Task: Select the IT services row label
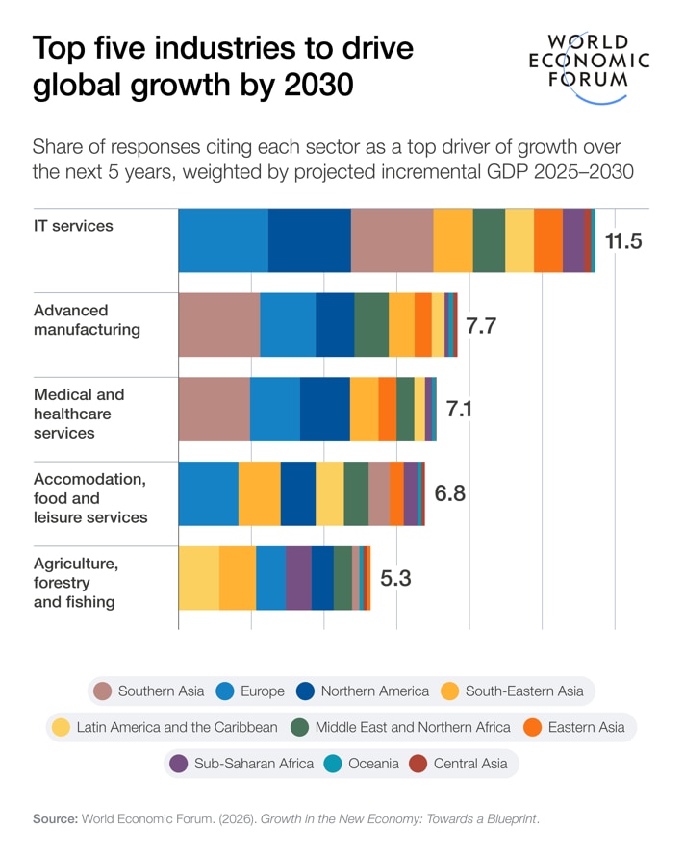click(73, 226)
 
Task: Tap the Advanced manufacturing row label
click(87, 320)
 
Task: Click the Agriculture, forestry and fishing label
click(76, 583)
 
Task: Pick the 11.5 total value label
click(622, 240)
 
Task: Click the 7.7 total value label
click(481, 325)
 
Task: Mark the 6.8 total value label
click(449, 494)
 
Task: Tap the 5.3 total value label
click(395, 579)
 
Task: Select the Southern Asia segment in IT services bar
click(392, 240)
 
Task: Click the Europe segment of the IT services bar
click(222, 240)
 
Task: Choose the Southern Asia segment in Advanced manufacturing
click(218, 325)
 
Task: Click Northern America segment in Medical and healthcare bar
click(324, 410)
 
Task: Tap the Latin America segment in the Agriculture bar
click(198, 579)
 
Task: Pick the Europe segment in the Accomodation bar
click(208, 494)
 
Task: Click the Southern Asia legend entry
click(149, 691)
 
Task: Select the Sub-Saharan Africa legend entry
click(241, 764)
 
